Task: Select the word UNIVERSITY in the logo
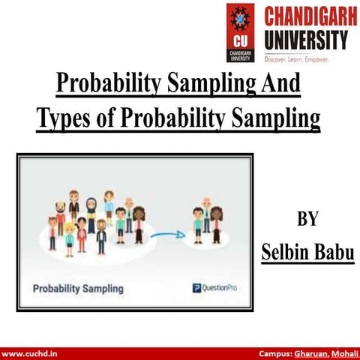[x=305, y=37]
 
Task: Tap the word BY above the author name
[x=307, y=220]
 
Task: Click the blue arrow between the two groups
[x=166, y=234]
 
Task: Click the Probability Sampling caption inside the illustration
[x=78, y=287]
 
